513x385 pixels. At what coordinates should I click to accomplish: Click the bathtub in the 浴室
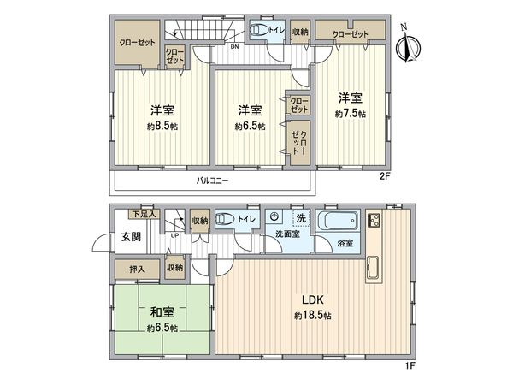click(339, 222)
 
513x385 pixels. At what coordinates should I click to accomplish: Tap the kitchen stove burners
click(374, 221)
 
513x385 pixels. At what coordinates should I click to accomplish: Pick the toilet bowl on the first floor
click(225, 220)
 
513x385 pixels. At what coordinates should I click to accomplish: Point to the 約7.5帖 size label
click(351, 113)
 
